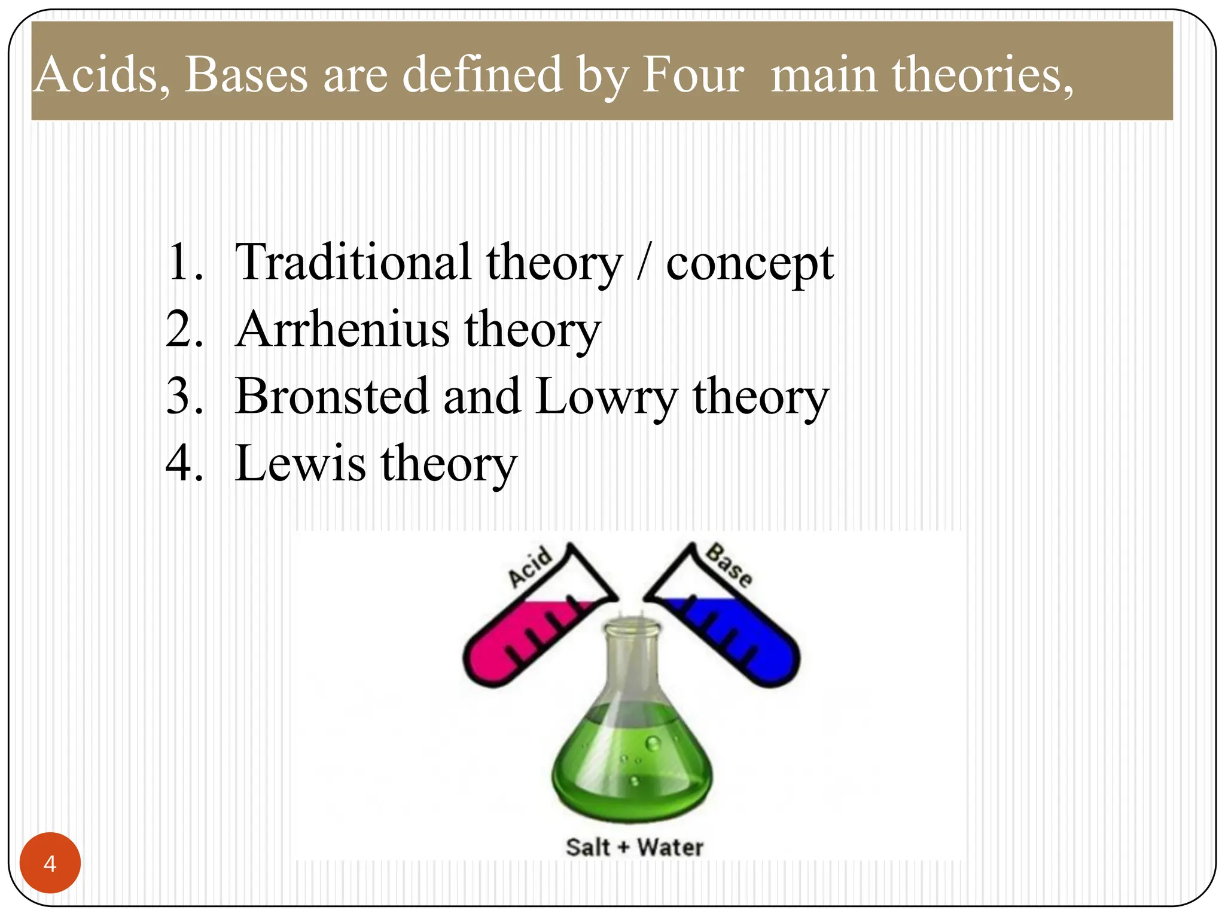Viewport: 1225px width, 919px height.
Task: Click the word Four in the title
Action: tap(693, 75)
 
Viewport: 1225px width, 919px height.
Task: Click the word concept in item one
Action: tap(749, 263)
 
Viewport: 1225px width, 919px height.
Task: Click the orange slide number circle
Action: tap(50, 863)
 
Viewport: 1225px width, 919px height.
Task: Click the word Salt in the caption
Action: tap(589, 847)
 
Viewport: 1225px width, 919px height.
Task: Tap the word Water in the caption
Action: tap(670, 847)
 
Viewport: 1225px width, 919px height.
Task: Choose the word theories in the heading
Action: tap(981, 75)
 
